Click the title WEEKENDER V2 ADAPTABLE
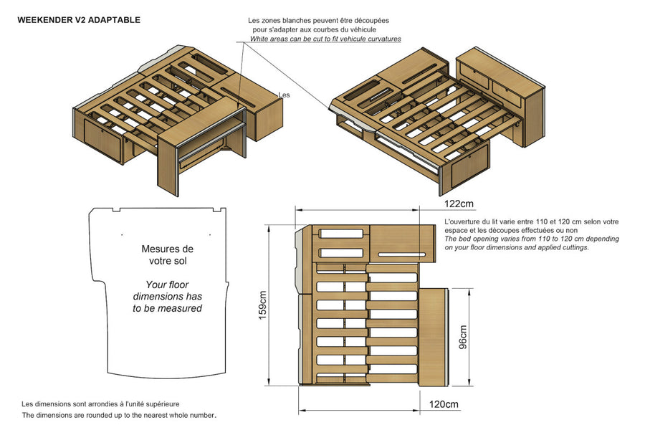pos(79,20)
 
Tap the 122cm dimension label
pos(459,204)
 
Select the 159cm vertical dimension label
pos(263,305)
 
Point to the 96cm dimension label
pos(463,337)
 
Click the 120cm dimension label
pos(444,404)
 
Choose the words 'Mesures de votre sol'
pos(168,254)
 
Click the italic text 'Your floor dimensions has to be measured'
pos(168,296)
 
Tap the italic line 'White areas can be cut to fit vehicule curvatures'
pos(325,39)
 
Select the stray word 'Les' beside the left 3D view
pos(284,95)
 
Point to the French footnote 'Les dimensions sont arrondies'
pos(100,403)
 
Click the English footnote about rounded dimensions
pos(119,415)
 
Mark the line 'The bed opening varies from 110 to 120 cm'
pos(532,239)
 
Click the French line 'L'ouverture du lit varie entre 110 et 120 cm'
pos(532,221)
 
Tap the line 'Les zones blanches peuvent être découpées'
pos(318,20)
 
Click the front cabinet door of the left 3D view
pos(103,140)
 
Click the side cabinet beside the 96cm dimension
pos(433,337)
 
